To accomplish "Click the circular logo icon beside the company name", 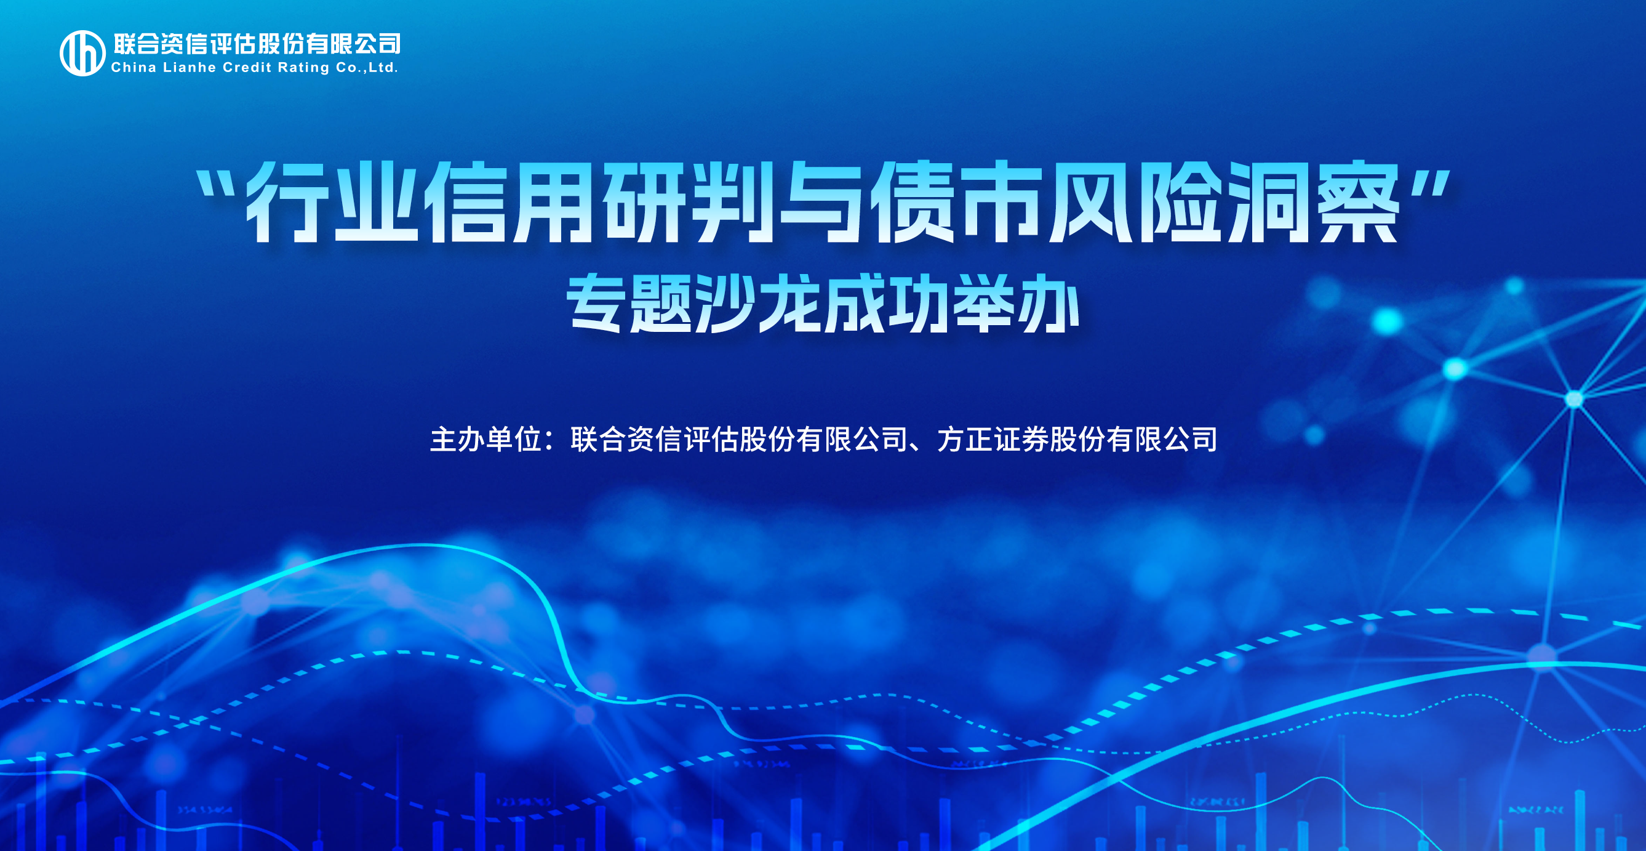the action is pos(82,53).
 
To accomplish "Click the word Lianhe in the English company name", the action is pos(190,67).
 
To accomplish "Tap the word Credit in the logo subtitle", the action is pos(247,67).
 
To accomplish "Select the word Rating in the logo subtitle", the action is pos(303,68).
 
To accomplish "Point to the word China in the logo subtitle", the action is pos(134,67).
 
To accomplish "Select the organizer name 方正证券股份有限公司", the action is pos(1077,439).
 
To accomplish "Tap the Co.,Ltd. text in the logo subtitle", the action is pos(367,68).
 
